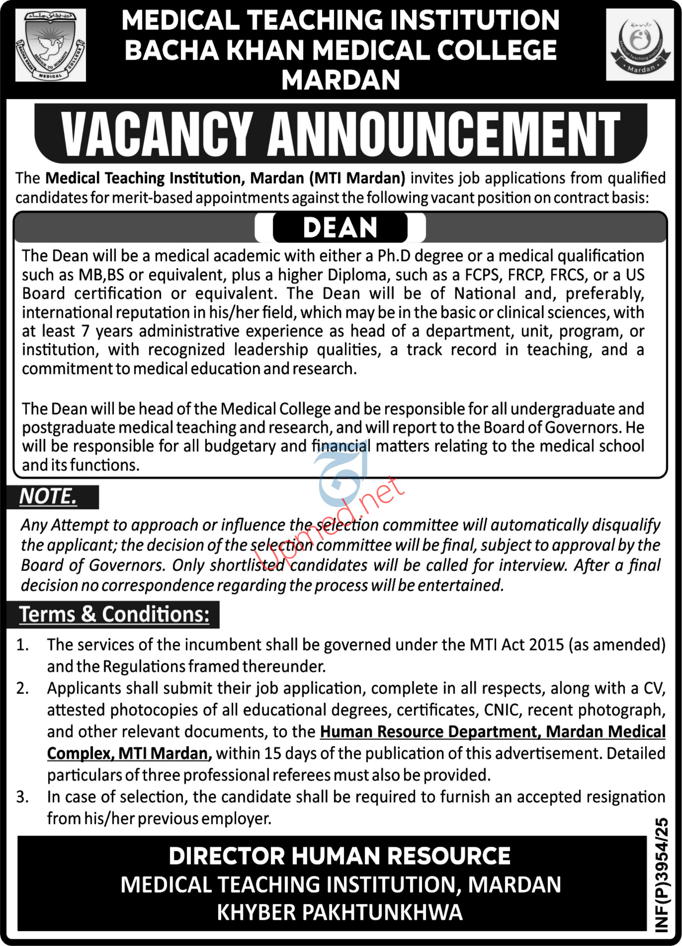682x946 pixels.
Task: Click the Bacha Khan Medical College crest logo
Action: (50, 45)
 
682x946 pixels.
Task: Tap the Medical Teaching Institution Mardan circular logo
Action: (640, 45)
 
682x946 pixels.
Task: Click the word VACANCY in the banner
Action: (157, 134)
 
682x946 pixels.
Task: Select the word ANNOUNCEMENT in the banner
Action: (443, 134)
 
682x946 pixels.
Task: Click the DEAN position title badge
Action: (340, 228)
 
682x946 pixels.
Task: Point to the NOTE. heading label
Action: (48, 496)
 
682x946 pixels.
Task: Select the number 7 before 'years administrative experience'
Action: (85, 331)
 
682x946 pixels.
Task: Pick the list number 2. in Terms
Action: (23, 688)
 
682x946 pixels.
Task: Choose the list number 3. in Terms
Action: (23, 797)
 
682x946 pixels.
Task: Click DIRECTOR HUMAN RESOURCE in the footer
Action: (339, 856)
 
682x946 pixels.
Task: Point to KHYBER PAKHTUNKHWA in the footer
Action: (339, 912)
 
